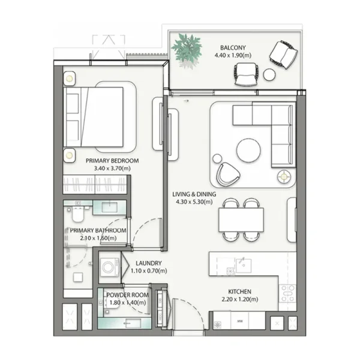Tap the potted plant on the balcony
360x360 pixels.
[187, 47]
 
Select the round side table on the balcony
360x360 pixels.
[269, 74]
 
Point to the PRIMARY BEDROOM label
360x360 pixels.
[112, 161]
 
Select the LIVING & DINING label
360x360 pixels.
[194, 194]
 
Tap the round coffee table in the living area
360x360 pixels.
[248, 150]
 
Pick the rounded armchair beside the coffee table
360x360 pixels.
[227, 173]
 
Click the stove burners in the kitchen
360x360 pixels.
[288, 295]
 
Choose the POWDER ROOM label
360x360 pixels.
[127, 295]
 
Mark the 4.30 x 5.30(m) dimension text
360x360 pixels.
[194, 202]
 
